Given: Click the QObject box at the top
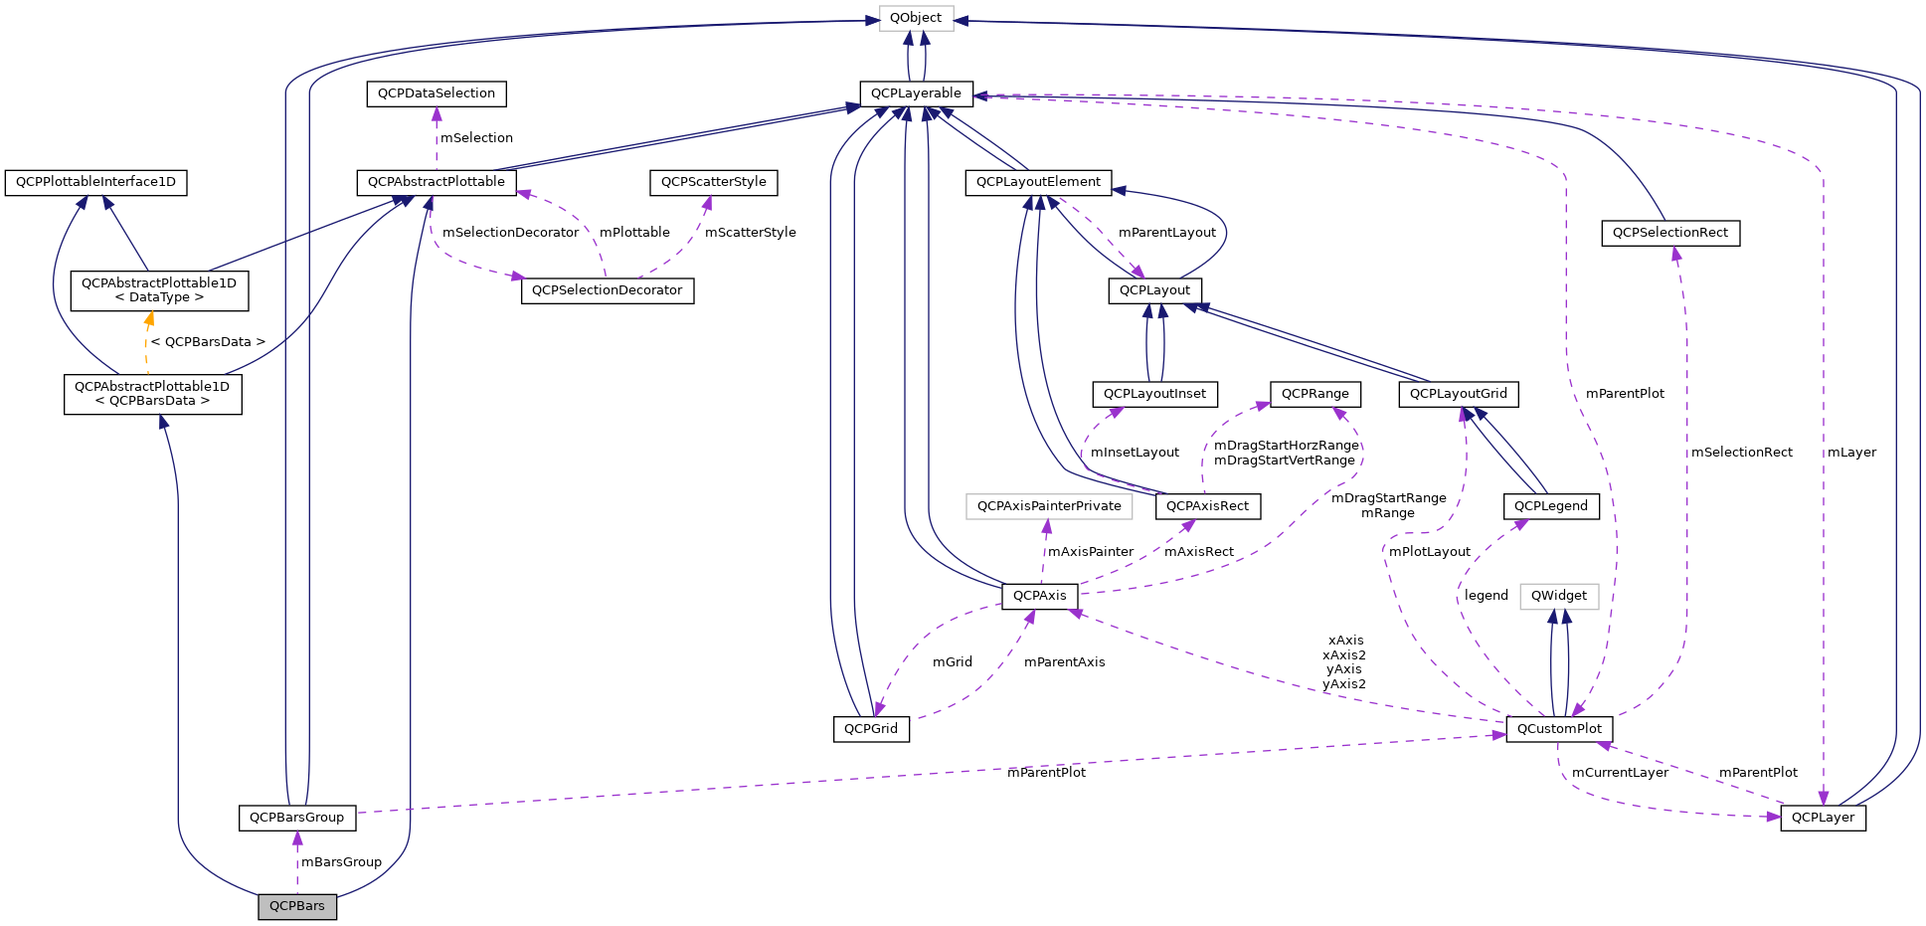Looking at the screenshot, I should [916, 18].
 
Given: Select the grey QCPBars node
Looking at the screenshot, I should [297, 906].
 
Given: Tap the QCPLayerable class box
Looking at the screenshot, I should [916, 93].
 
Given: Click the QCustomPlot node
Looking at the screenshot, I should [1558, 729].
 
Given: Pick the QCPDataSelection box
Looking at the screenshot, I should [437, 93].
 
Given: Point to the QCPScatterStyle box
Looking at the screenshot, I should [713, 182].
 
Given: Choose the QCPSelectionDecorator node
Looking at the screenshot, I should [607, 290].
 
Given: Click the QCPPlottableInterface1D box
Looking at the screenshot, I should [95, 182].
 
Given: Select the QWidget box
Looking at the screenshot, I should [1558, 596].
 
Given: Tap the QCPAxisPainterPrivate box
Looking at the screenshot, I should [1049, 506].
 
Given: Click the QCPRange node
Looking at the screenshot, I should [1314, 394].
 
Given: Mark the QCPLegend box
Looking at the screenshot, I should [1550, 506].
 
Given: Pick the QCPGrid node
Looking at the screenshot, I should [871, 729].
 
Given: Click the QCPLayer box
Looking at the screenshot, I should [1823, 818].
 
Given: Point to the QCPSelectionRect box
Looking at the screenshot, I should [1669, 233].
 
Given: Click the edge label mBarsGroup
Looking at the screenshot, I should [341, 862].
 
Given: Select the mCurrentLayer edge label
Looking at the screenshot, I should [1620, 773].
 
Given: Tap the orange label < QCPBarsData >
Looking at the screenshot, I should [208, 342].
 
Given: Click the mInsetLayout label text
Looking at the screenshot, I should [1135, 453].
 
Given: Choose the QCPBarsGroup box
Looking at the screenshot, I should [296, 818].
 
